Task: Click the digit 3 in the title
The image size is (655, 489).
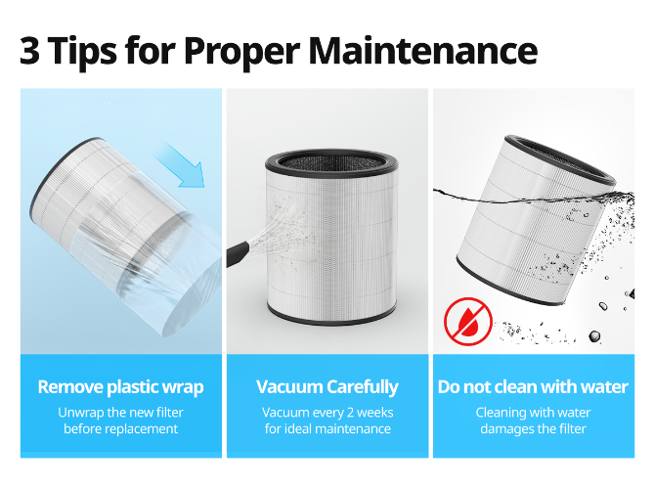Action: pyautogui.click(x=30, y=50)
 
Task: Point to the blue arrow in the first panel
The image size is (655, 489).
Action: pyautogui.click(x=180, y=164)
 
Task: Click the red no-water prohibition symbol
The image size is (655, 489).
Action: pyautogui.click(x=468, y=321)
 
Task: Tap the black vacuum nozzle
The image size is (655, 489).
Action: pyautogui.click(x=239, y=253)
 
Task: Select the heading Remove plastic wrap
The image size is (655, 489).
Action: pyautogui.click(x=120, y=387)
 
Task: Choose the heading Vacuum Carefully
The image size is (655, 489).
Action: pyautogui.click(x=327, y=387)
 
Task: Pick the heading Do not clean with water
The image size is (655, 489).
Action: pyautogui.click(x=533, y=387)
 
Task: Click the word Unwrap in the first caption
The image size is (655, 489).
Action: pyautogui.click(x=81, y=414)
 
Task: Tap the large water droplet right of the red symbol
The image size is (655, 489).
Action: pyautogui.click(x=594, y=336)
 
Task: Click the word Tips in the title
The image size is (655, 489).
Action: pyautogui.click(x=83, y=52)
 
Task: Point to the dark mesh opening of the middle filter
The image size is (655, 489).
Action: pyautogui.click(x=331, y=162)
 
